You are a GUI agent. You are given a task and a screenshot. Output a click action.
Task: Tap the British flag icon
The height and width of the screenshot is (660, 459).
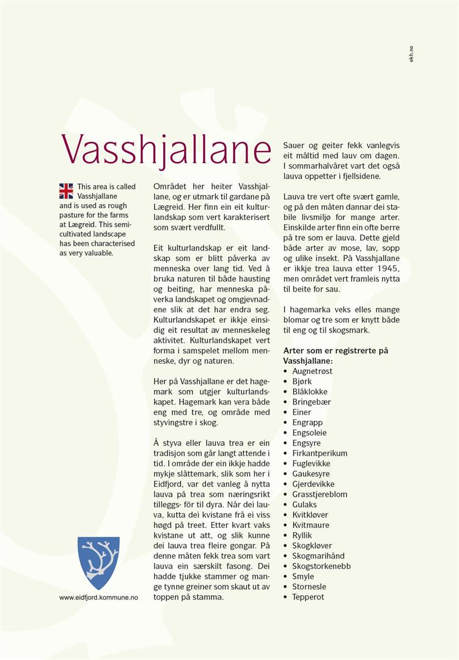66,191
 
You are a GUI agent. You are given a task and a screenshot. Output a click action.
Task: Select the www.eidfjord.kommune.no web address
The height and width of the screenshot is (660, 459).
98,597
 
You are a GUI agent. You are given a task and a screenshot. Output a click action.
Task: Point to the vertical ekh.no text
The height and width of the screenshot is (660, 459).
412,54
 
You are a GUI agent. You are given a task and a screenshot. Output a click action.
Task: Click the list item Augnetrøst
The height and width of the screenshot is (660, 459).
312,371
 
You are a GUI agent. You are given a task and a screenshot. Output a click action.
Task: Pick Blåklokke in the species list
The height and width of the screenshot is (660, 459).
309,391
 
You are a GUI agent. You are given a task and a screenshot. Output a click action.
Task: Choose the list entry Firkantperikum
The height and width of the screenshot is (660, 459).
319,453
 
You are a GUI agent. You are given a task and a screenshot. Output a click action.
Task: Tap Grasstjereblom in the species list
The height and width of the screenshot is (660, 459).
319,494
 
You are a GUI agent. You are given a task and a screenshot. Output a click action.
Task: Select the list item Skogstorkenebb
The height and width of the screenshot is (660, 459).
321,566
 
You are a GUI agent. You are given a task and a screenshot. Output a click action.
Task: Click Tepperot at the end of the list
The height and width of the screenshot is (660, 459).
308,597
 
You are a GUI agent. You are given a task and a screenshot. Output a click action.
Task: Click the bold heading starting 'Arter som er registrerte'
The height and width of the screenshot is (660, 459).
335,356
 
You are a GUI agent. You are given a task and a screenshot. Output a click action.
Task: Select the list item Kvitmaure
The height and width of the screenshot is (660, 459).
310,525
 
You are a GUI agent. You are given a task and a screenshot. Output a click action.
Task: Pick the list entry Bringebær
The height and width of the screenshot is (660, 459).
311,402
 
